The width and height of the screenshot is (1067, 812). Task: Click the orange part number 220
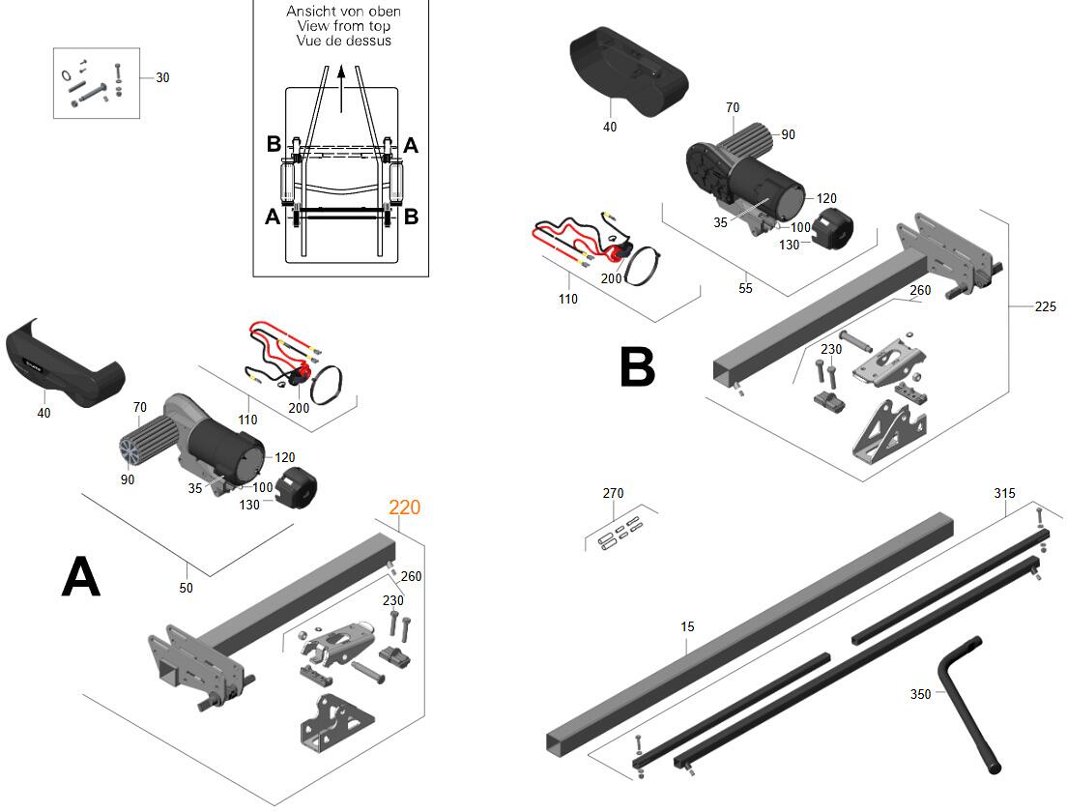[x=405, y=507]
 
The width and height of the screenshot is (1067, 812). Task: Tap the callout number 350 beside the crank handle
[x=921, y=694]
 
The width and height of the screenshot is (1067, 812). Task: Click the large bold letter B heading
[x=637, y=368]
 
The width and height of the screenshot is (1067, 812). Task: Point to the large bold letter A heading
[x=81, y=577]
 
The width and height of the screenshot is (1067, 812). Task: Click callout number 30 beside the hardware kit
[x=162, y=78]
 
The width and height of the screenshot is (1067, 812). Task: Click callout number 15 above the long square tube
[x=687, y=627]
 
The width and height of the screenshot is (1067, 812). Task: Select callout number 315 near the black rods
[x=1004, y=493]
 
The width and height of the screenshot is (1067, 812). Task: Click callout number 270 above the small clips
[x=613, y=493]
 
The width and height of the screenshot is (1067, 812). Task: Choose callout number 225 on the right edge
[x=1045, y=307]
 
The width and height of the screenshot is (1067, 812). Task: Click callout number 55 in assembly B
[x=745, y=288]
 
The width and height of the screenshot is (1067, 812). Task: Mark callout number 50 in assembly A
[x=187, y=588]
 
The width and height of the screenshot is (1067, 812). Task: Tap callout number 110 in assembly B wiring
[x=568, y=299]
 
